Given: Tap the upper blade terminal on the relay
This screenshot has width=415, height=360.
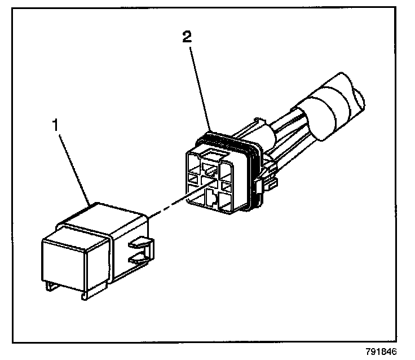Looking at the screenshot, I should [x=140, y=245].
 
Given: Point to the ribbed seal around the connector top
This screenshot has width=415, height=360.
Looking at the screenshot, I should [x=226, y=137].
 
